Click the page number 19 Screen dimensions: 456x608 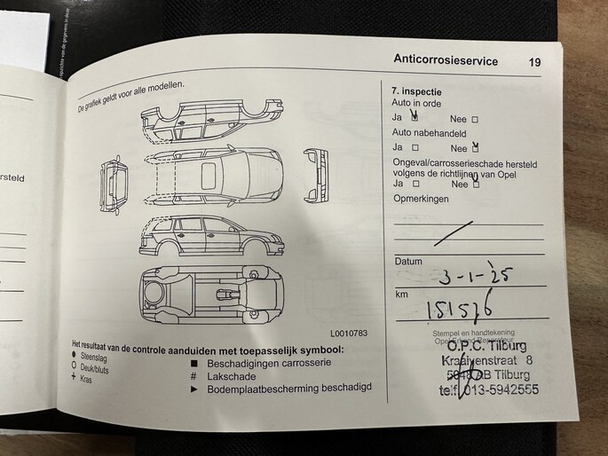533,62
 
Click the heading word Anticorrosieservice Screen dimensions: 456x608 445,61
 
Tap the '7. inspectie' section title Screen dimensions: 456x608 416,91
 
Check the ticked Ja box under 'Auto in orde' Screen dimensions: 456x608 414,118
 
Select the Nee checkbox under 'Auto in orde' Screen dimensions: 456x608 475,119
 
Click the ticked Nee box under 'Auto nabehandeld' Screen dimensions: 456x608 476,147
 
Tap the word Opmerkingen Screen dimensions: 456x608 420,199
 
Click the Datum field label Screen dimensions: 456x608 408,262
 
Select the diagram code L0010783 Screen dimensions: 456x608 348,334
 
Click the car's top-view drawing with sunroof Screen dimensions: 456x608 211,173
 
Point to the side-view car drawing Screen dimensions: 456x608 210,235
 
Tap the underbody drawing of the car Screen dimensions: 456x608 210,295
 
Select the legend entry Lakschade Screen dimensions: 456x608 231,376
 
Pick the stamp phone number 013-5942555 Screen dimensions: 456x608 498,389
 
